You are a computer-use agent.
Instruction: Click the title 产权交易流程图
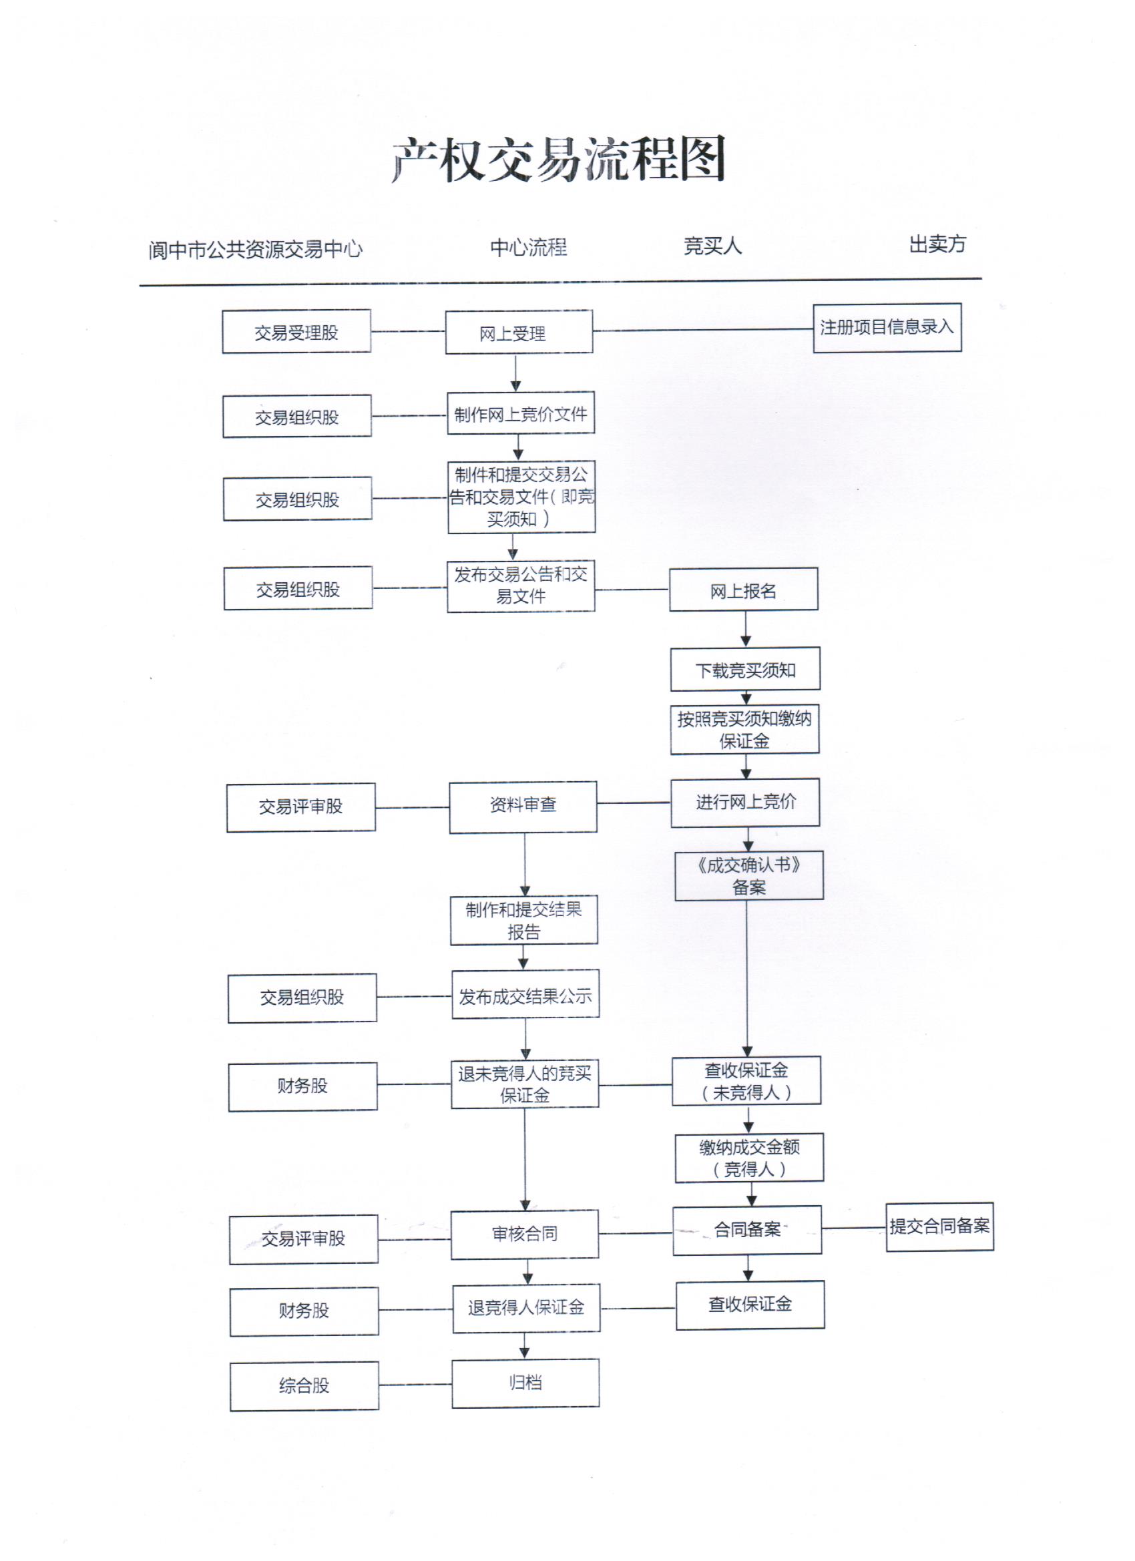click(x=558, y=160)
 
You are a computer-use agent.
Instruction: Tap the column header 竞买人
click(x=712, y=246)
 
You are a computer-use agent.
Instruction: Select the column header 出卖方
click(x=937, y=244)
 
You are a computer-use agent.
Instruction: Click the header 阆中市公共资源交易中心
click(x=255, y=249)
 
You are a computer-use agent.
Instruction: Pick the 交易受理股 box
click(x=296, y=332)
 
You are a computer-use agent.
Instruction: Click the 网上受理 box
click(x=519, y=332)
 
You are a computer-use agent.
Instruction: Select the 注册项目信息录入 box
click(x=887, y=328)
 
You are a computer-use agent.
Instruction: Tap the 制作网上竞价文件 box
click(x=520, y=413)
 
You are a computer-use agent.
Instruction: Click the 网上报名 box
click(x=743, y=590)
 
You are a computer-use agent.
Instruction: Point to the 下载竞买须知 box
click(x=745, y=669)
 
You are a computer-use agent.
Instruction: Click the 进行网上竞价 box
click(x=745, y=802)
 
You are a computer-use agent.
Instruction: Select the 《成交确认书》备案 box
click(x=749, y=875)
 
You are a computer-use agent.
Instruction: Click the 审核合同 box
click(x=525, y=1234)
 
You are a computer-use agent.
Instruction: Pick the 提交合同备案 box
click(x=939, y=1226)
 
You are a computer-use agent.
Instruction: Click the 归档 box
click(x=525, y=1383)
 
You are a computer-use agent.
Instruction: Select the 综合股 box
click(x=304, y=1385)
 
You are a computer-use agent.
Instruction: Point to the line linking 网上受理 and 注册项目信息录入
click(x=702, y=330)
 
